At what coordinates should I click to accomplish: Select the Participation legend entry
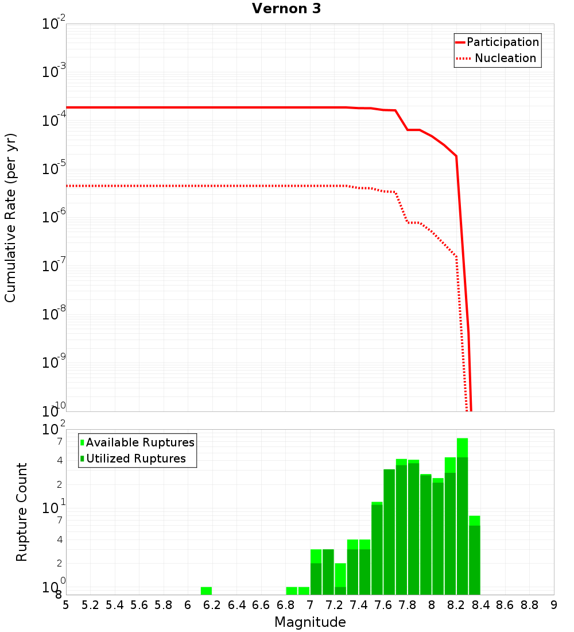[x=502, y=42]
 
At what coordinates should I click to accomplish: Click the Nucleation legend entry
[x=505, y=58]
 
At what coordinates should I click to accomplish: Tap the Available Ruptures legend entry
[x=140, y=442]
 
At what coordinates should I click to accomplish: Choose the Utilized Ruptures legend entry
[x=135, y=458]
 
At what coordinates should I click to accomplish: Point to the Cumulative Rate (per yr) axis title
[x=10, y=218]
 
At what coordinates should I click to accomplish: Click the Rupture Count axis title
[x=22, y=512]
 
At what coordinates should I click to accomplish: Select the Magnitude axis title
[x=310, y=622]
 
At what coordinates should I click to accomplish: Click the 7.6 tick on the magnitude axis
[x=383, y=605]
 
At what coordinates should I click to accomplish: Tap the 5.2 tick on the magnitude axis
[x=91, y=605]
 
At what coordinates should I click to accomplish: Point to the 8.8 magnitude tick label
[x=530, y=605]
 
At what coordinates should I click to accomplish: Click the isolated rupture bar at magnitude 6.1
[x=206, y=591]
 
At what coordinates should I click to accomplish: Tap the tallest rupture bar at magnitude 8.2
[x=462, y=517]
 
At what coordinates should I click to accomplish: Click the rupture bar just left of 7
[x=304, y=591]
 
